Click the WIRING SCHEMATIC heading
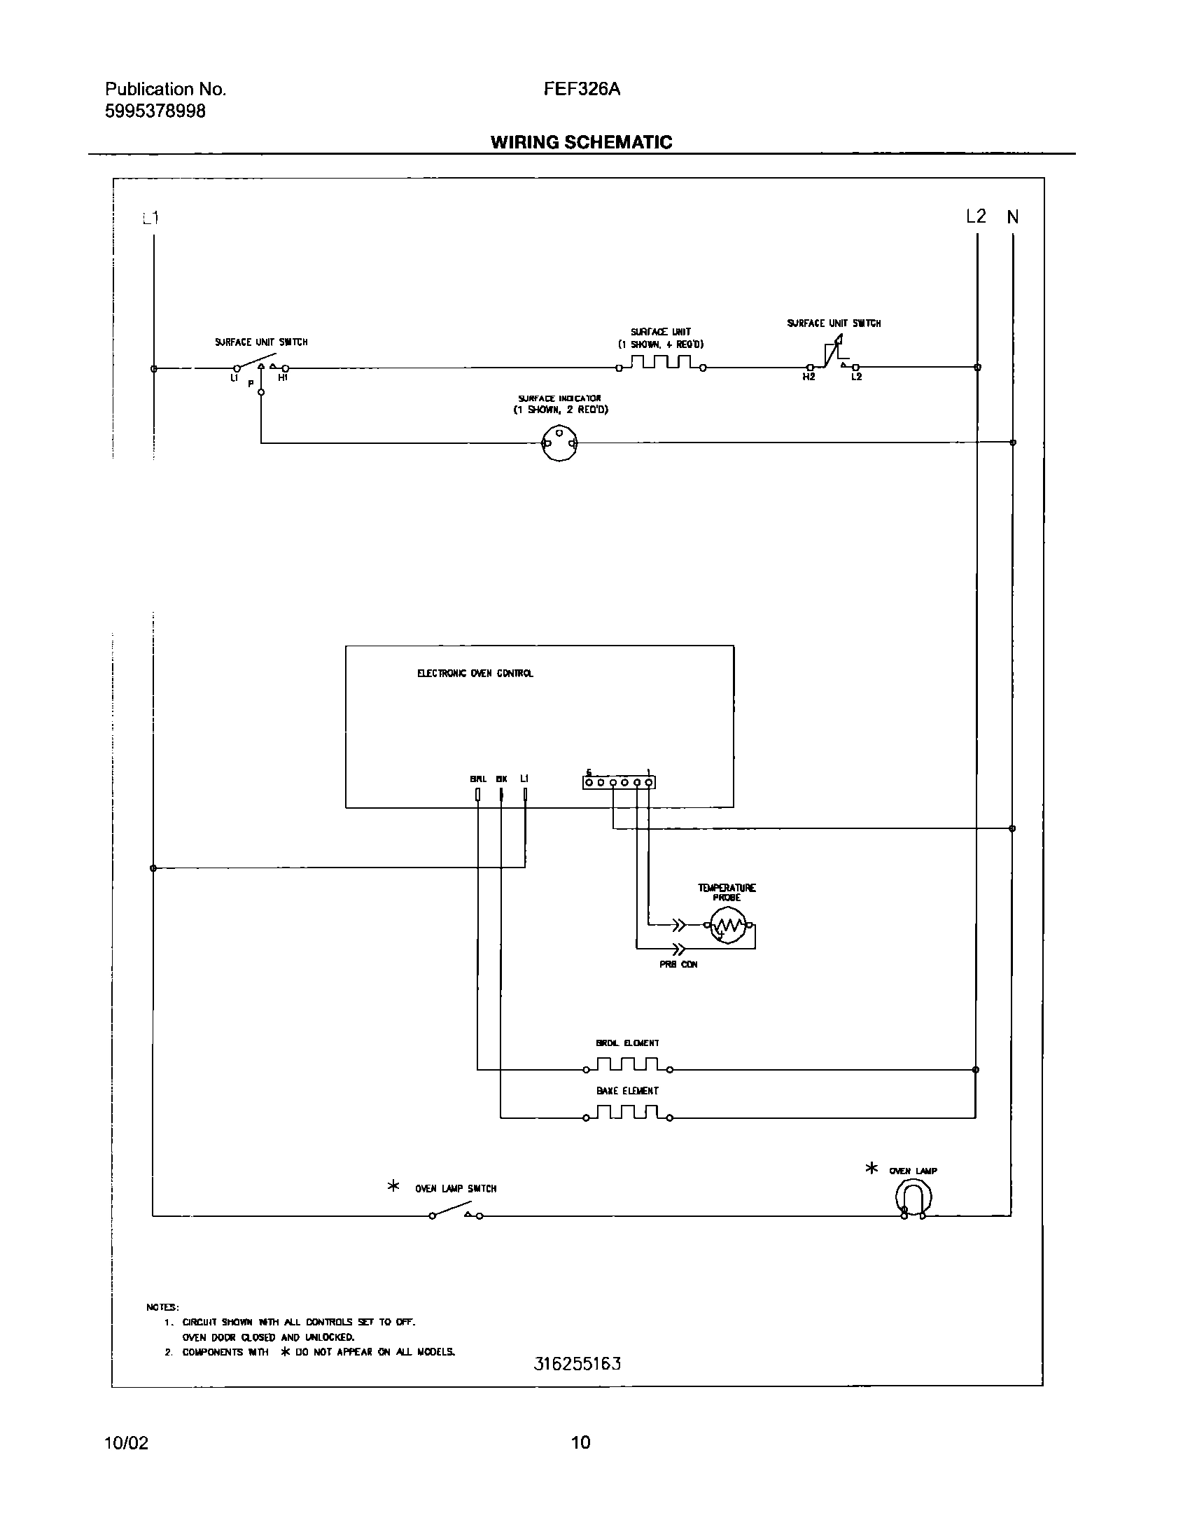pyautogui.click(x=581, y=142)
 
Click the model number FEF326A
pyautogui.click(x=582, y=90)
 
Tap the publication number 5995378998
pyautogui.click(x=155, y=111)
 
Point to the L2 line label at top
pyautogui.click(x=976, y=216)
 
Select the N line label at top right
pyautogui.click(x=1013, y=218)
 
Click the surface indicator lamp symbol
pyautogui.click(x=560, y=443)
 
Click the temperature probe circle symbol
pyautogui.click(x=728, y=926)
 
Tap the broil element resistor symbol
pyautogui.click(x=627, y=1065)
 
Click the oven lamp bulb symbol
pyautogui.click(x=913, y=1198)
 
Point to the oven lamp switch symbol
pyautogui.click(x=456, y=1211)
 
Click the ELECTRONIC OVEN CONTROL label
pyautogui.click(x=475, y=674)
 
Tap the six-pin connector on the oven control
pyautogui.click(x=619, y=782)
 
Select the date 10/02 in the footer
pyautogui.click(x=126, y=1442)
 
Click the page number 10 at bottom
pyautogui.click(x=580, y=1442)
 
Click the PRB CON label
pyautogui.click(x=678, y=964)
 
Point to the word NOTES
pyautogui.click(x=162, y=1307)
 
